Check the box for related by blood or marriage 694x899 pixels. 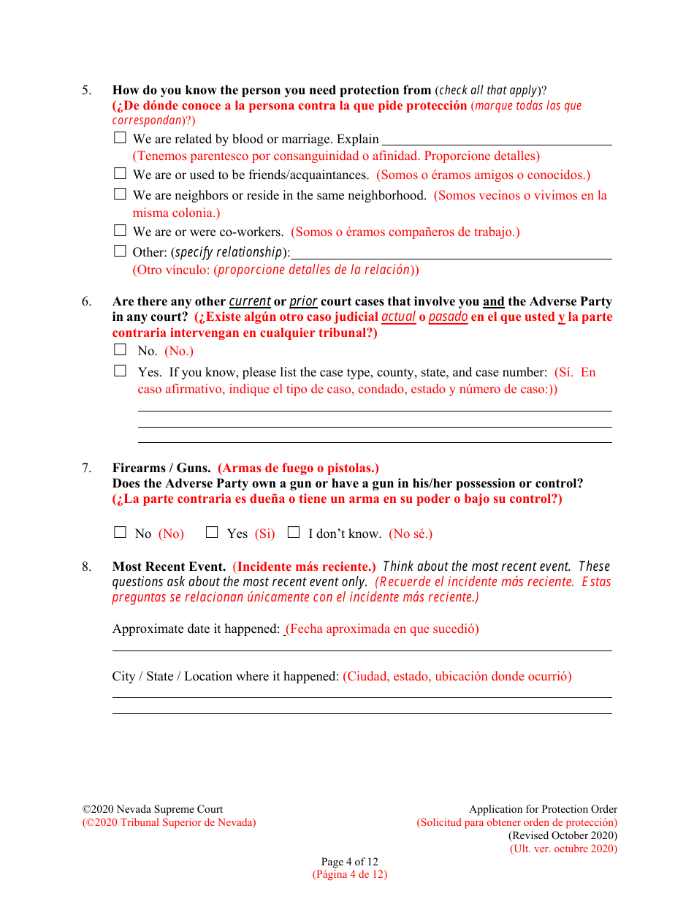[120, 137]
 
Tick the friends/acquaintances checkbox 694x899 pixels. [120, 174]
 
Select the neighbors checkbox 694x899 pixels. [120, 194]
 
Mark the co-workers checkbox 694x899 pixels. [120, 231]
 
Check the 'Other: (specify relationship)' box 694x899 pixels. [120, 251]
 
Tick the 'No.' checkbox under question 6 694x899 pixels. [120, 350]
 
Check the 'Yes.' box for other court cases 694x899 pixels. [120, 371]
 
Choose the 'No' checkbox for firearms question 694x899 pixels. [120, 533]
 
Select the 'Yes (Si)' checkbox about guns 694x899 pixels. [212, 533]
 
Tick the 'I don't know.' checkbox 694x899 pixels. [294, 533]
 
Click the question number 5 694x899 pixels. [86, 91]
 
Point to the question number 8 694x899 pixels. [86, 566]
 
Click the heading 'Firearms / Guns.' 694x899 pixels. [161, 468]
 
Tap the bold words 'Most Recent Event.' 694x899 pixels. [169, 566]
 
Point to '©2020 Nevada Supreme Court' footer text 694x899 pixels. [153, 809]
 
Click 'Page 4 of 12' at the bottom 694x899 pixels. [350, 862]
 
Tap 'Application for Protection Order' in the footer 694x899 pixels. [543, 809]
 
